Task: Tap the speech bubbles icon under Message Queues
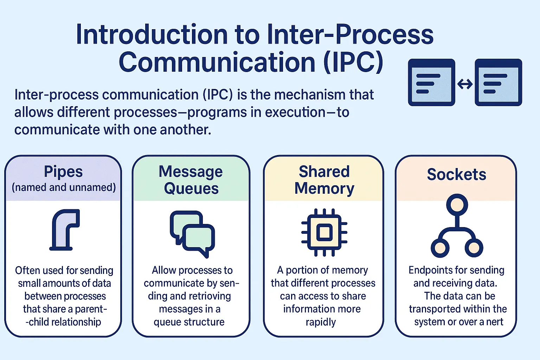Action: coord(192,233)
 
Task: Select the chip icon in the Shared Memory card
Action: coord(324,232)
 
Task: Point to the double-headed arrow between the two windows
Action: coord(465,84)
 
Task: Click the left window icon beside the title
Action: coord(431,82)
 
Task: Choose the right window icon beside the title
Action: coord(498,82)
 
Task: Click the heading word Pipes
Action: coord(63,172)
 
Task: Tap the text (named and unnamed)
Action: coord(64,187)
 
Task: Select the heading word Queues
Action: coord(191,189)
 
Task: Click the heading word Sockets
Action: coord(456,174)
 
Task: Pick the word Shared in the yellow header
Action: coord(324,172)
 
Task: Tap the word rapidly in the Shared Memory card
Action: coord(321,322)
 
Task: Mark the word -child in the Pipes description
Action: coord(38,322)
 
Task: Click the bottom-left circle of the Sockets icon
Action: coord(440,248)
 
